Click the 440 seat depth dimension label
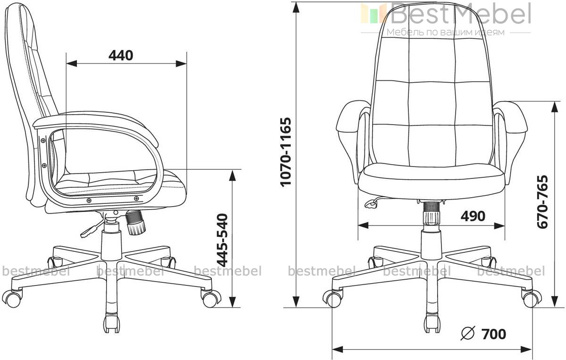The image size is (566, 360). click(x=121, y=55)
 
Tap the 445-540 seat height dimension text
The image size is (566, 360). click(x=223, y=240)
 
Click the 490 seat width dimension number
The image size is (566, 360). click(x=473, y=216)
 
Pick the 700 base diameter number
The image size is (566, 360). click(x=494, y=334)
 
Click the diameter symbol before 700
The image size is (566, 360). click(x=468, y=334)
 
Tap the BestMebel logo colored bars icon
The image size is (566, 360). click(x=373, y=13)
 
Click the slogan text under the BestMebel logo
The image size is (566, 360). click(x=445, y=32)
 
